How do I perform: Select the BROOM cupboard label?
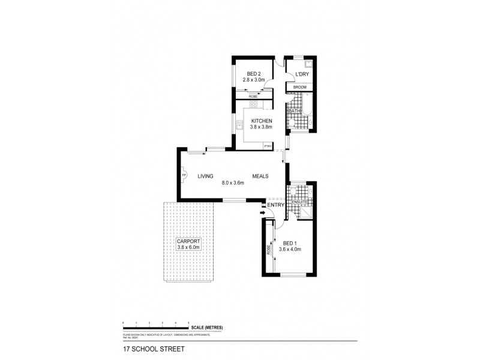click(299, 88)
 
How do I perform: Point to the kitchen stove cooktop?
click(253, 105)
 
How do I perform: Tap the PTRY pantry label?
click(268, 146)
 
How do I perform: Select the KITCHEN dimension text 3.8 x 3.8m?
click(261, 127)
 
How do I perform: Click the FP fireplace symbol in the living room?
click(185, 176)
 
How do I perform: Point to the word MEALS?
click(260, 175)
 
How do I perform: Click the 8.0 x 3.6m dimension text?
click(233, 182)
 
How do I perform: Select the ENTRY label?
click(275, 205)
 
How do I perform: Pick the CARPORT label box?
click(188, 243)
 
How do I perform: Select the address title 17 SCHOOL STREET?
click(146, 347)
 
